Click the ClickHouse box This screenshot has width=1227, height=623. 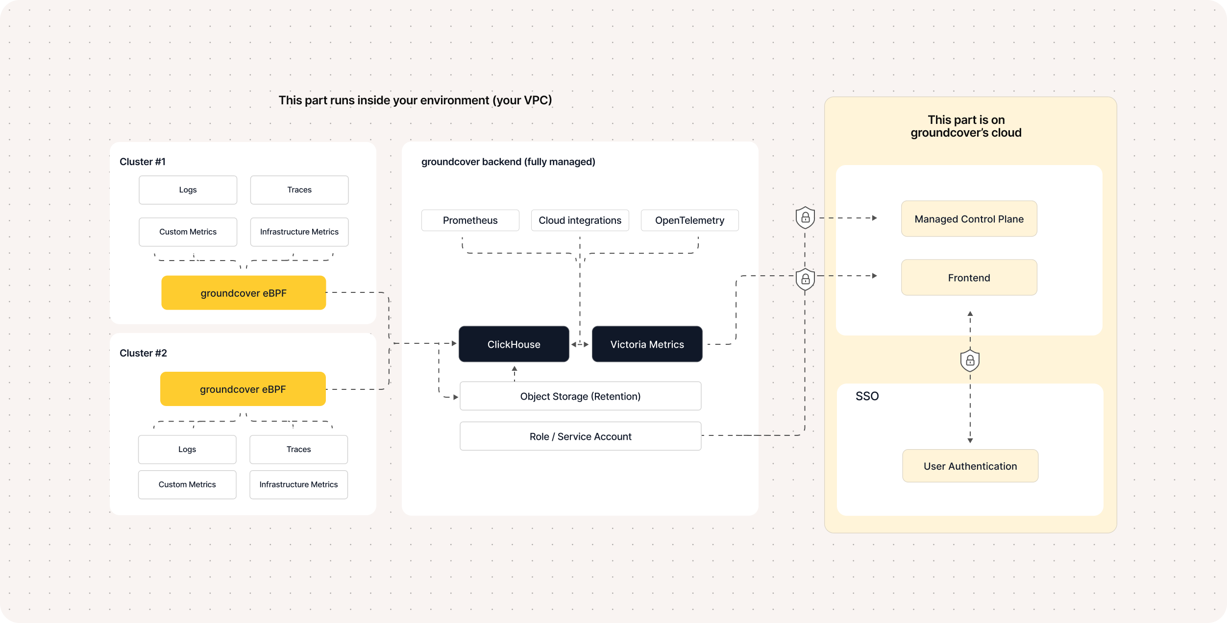pos(514,344)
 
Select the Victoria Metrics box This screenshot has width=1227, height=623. pos(647,344)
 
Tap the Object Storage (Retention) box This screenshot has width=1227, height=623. pos(580,396)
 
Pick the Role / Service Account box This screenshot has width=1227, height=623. pos(580,436)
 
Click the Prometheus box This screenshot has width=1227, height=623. pos(470,220)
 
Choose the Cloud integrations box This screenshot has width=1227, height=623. pos(580,220)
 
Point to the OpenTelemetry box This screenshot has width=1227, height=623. pos(689,220)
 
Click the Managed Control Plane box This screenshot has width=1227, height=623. pos(969,218)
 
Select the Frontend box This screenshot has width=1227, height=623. pos(969,277)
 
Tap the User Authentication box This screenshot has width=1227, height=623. pos(970,466)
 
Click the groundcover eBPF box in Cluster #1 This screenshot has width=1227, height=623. pos(244,292)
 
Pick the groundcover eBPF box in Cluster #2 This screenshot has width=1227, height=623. pos(243,389)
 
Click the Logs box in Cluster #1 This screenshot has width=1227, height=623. pos(188,190)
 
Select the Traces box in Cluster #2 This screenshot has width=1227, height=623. pos(298,449)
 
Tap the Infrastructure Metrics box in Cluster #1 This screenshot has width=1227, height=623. pos(299,232)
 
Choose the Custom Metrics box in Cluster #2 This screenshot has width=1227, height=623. pos(187,484)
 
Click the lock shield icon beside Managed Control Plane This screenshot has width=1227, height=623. pos(805,217)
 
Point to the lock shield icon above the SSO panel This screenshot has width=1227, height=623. pos(970,360)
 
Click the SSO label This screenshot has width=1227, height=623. pos(867,396)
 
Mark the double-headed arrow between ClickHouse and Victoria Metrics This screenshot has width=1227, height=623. pos(580,344)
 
